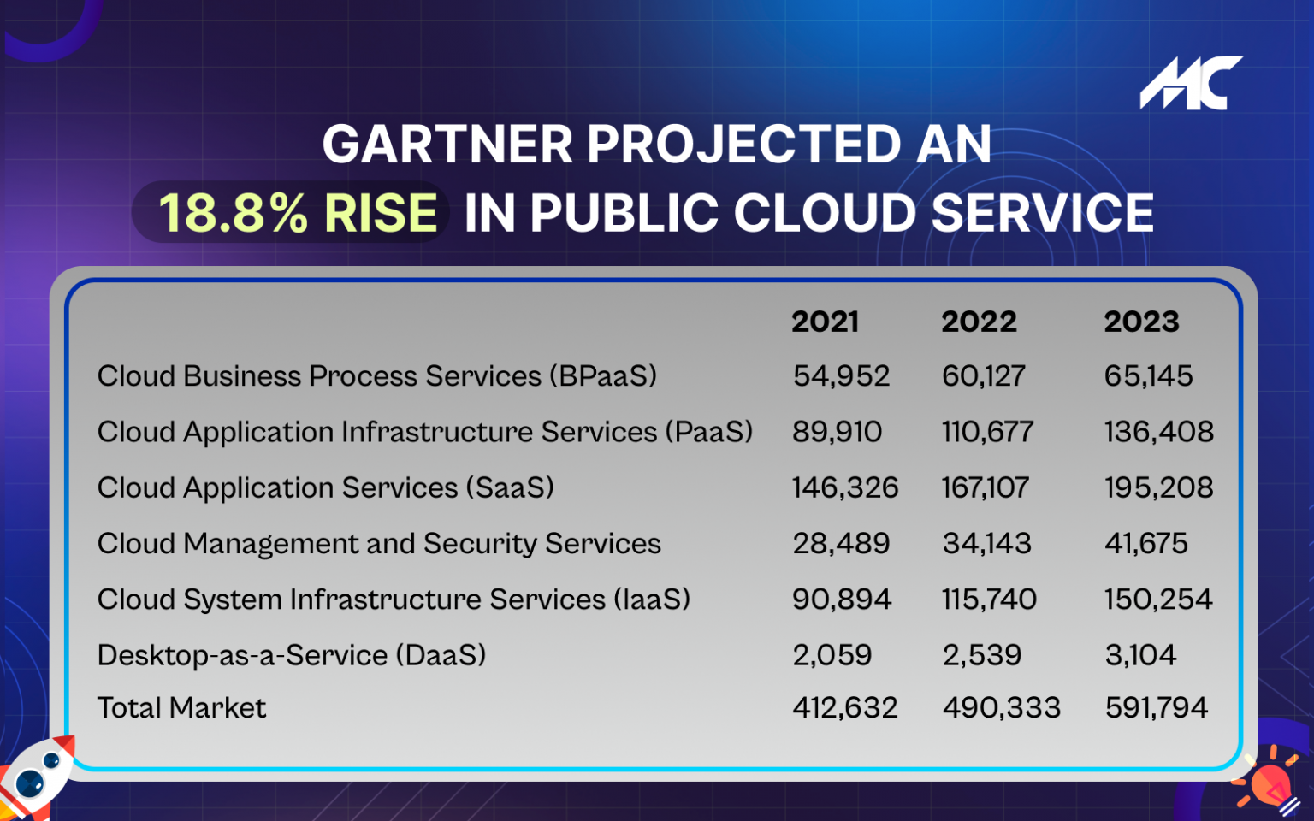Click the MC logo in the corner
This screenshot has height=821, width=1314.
tap(1191, 83)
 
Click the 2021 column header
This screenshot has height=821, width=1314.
tap(825, 322)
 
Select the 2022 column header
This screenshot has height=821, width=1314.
tap(979, 322)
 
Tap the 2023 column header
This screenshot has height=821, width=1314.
tap(1141, 322)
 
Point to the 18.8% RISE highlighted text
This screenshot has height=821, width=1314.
tap(297, 212)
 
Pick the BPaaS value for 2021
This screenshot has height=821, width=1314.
tap(841, 376)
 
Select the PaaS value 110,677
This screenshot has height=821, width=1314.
tap(987, 432)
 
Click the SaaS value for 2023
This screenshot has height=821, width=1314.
tap(1158, 487)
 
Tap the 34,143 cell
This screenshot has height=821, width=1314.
tap(986, 543)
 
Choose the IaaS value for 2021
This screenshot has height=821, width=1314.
tap(841, 599)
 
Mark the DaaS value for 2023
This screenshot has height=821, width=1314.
tap(1140, 655)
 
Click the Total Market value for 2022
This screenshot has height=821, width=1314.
tap(1001, 707)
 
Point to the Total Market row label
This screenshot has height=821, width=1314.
tap(181, 707)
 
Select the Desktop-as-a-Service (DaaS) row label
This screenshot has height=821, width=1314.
tap(291, 655)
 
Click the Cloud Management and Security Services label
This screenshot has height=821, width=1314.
tap(379, 543)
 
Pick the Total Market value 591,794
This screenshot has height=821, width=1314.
tap(1156, 707)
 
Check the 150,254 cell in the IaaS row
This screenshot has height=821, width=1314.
tap(1157, 599)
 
